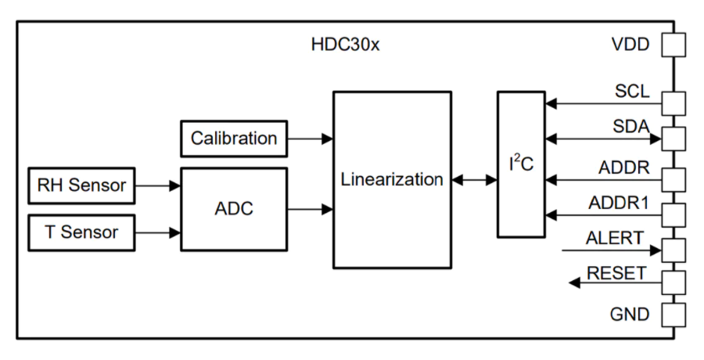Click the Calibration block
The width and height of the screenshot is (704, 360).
[234, 139]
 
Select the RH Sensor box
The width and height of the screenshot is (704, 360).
[81, 185]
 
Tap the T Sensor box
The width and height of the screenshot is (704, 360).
[81, 232]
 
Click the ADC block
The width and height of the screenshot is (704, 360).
[234, 209]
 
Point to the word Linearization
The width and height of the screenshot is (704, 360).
[392, 179]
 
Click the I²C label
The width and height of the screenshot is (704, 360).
[521, 164]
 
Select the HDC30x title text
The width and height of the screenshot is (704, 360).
[345, 45]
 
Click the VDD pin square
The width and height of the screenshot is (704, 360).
[674, 45]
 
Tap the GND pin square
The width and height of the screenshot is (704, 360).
[674, 315]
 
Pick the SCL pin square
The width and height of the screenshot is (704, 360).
[674, 104]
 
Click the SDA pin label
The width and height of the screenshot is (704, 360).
[631, 127]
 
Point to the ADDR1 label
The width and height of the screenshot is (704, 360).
[619, 203]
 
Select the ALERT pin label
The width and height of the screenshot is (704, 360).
[615, 238]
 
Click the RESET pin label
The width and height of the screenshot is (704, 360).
[617, 273]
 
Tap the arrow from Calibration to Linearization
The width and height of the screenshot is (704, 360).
[311, 139]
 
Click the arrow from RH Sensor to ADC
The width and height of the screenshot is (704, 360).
[158, 185]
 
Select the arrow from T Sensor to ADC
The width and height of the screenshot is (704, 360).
[158, 232]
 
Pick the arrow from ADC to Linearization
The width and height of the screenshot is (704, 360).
[311, 209]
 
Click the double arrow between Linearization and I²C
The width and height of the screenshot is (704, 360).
[475, 180]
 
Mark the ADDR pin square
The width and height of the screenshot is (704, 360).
[674, 180]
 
